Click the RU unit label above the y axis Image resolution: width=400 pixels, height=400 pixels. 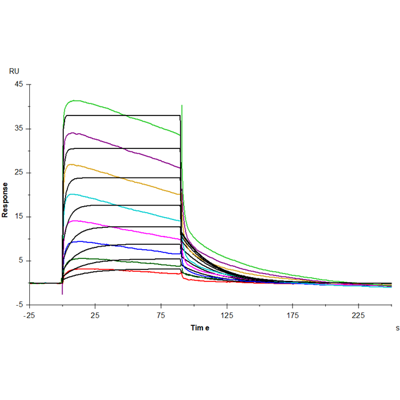click(x=14, y=71)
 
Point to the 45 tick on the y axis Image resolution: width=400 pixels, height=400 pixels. click(x=19, y=84)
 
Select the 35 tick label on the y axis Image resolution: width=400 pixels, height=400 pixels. click(x=19, y=129)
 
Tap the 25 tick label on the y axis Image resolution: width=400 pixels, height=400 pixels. click(x=19, y=173)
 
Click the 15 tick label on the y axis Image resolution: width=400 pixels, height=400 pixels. click(x=19, y=217)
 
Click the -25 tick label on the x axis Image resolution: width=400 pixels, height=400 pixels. click(x=29, y=315)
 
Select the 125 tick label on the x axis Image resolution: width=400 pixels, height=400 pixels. click(x=227, y=315)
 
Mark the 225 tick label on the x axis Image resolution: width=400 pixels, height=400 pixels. click(x=359, y=315)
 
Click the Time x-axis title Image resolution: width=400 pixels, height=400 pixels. click(x=200, y=328)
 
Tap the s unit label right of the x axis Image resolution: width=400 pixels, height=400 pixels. click(x=397, y=328)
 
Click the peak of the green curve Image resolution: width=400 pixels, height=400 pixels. click(x=75, y=100)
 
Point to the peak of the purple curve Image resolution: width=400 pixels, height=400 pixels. click(x=74, y=133)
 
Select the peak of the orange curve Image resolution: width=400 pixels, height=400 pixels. click(x=72, y=164)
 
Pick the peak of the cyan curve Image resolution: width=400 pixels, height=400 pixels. click(x=72, y=195)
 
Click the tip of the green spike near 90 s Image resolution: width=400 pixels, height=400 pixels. click(x=182, y=106)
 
